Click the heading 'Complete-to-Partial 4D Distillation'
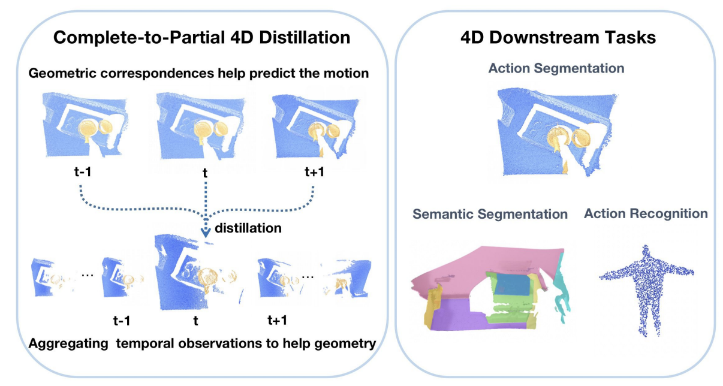click(x=201, y=38)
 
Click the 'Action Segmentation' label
click(x=556, y=68)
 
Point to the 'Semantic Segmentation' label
click(x=489, y=214)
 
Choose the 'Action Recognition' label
click(x=646, y=213)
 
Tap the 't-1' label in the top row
click(x=80, y=172)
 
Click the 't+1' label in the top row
click(x=314, y=172)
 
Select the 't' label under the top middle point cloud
click(x=205, y=173)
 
